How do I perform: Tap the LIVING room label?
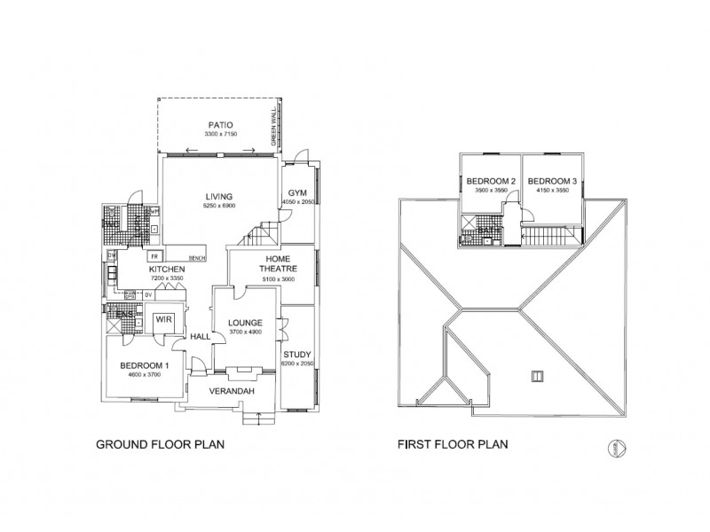pyautogui.click(x=218, y=196)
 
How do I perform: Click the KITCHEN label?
pyautogui.click(x=166, y=269)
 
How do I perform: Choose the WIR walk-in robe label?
pyautogui.click(x=162, y=319)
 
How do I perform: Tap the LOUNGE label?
pyautogui.click(x=241, y=323)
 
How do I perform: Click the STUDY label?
pyautogui.click(x=297, y=355)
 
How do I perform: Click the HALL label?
pyautogui.click(x=201, y=337)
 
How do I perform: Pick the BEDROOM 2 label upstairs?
pyautogui.click(x=491, y=182)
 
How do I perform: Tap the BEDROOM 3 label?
pyautogui.click(x=552, y=182)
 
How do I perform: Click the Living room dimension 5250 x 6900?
pyautogui.click(x=218, y=206)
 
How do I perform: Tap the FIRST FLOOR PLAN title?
pyautogui.click(x=453, y=447)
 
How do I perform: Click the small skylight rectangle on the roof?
pyautogui.click(x=536, y=375)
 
